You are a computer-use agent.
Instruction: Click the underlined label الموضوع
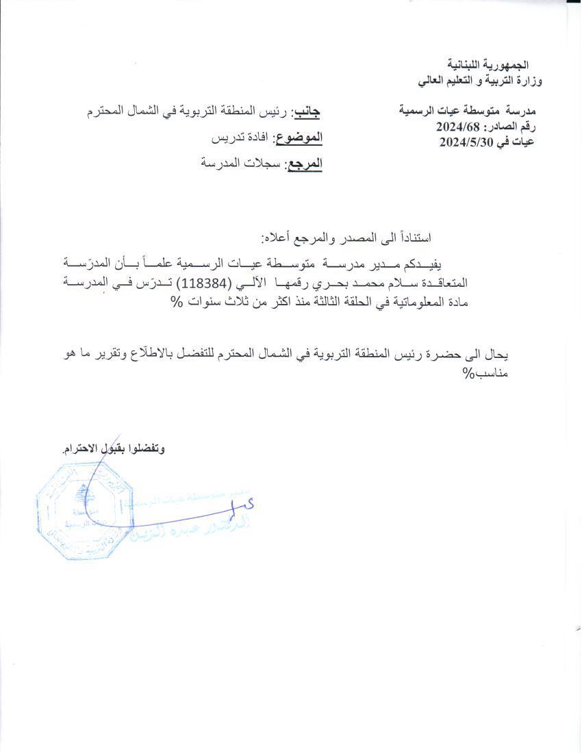pos(298,138)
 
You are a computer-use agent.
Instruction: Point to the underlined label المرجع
pos(303,164)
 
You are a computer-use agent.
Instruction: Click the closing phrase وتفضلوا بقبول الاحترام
pos(114,449)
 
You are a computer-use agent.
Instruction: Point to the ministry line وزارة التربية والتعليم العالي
pos(479,81)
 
